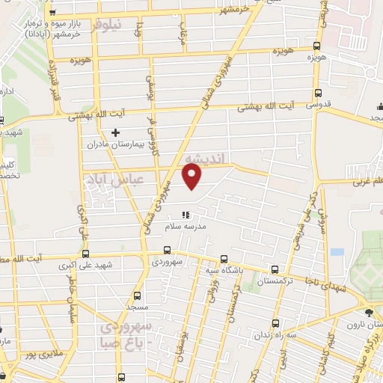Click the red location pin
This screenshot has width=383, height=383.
[192, 177]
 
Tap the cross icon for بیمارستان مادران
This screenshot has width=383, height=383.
[115, 133]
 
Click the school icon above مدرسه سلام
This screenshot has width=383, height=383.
[187, 215]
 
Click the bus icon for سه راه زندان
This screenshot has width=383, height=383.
[275, 323]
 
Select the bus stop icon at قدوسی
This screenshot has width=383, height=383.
[318, 94]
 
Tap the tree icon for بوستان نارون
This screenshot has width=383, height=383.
[368, 312]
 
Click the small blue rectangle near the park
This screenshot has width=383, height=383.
[337, 252]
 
